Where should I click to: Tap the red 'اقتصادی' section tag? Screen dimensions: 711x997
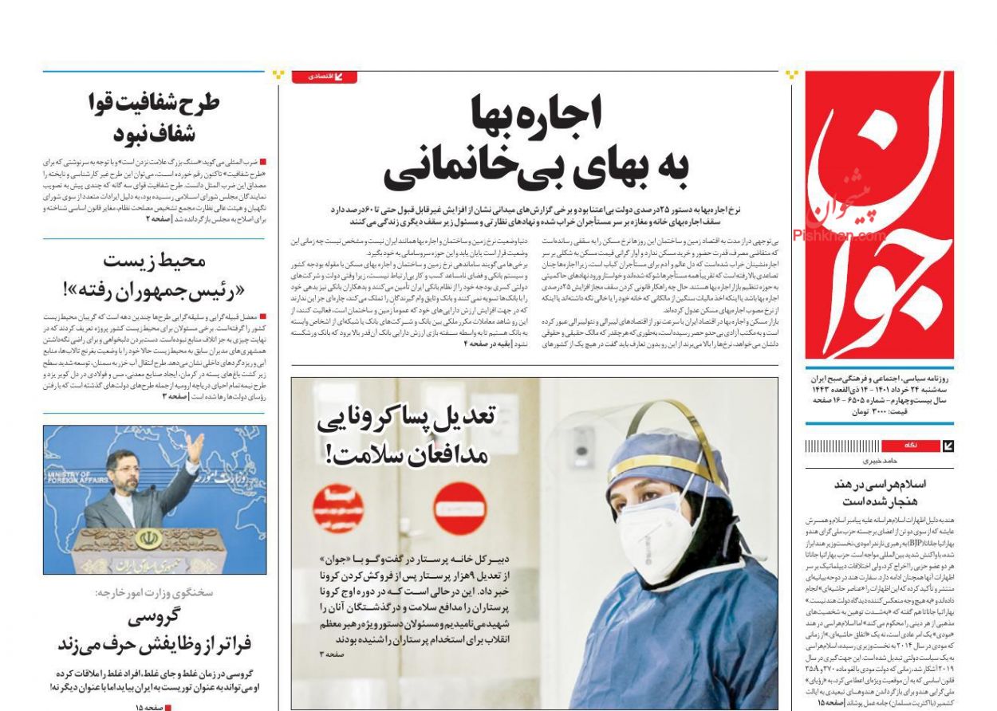click(x=324, y=77)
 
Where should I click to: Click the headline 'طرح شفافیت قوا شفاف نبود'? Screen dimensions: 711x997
click(x=154, y=117)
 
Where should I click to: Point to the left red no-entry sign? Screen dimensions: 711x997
click(x=338, y=505)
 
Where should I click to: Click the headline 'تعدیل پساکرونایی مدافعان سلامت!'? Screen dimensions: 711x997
click(x=406, y=435)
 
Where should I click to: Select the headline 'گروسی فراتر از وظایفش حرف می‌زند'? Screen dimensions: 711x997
click(x=154, y=631)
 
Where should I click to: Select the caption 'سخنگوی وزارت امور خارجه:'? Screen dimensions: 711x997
click(x=154, y=593)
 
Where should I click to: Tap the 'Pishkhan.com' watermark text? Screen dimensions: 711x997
click(x=837, y=236)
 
